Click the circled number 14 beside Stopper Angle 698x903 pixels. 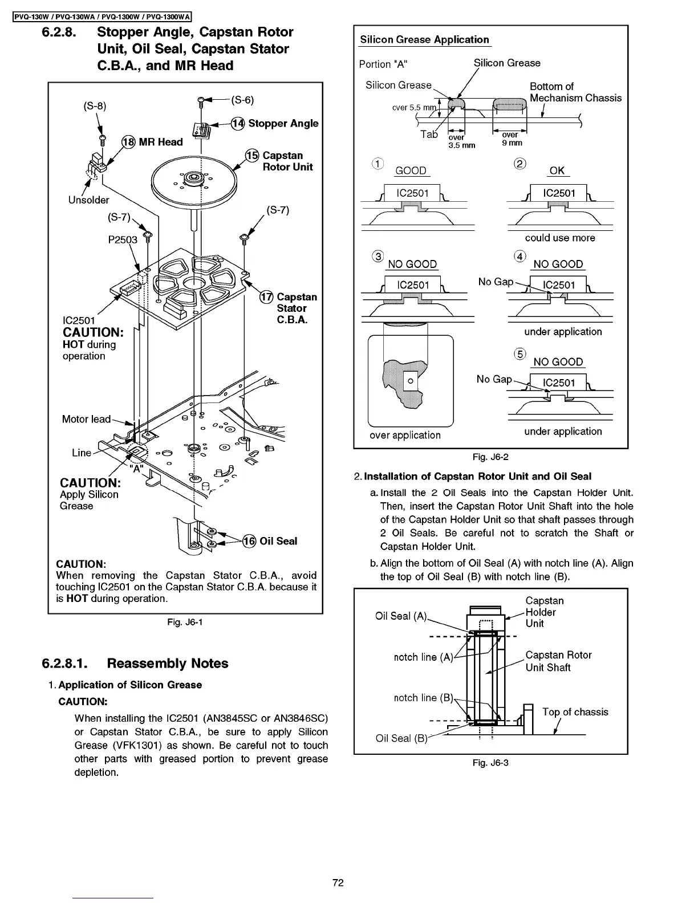238,124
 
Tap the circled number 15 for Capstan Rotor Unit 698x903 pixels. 251,156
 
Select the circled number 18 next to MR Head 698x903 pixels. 128,142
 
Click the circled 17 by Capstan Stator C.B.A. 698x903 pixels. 266,297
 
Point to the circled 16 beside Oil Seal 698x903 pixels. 249,541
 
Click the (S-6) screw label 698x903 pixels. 242,100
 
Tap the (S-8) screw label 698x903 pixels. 95,105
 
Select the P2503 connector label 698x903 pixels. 123,239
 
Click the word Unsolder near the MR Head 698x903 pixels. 88,200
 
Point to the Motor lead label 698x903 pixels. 86,419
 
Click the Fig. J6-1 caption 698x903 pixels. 185,621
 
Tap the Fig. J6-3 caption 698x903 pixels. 490,763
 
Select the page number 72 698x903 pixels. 338,882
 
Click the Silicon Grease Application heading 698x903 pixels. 424,39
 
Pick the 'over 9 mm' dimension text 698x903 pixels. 511,139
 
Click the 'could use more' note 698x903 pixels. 559,238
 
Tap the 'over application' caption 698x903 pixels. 405,435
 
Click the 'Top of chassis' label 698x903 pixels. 575,711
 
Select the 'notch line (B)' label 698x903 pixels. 423,697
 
